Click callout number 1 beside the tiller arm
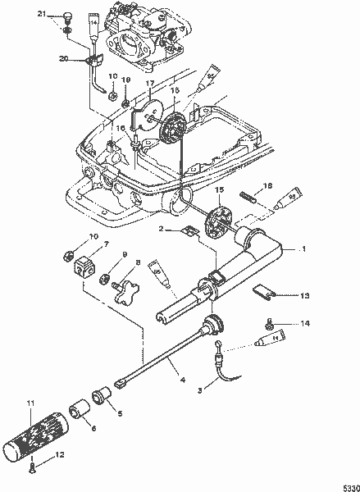point(303,248)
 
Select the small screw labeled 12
point(32,469)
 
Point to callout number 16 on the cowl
point(121,130)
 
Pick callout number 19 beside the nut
point(126,80)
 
